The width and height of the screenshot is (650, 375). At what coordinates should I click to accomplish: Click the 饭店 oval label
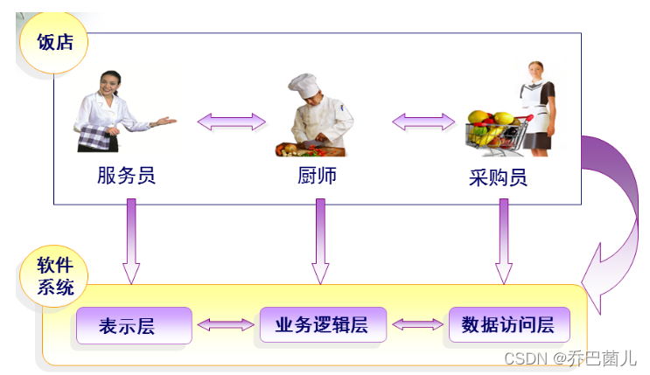pos(54,42)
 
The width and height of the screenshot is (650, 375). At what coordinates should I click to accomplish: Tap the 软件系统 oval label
pos(54,275)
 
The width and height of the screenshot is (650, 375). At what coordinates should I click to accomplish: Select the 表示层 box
pos(133,325)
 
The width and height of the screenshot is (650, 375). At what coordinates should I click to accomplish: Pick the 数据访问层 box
pos(508,324)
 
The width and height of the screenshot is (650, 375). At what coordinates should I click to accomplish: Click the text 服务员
pos(126,176)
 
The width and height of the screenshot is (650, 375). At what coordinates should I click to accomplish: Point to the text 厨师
pos(316,176)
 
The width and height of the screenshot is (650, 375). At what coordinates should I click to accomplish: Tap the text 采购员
pos(498,178)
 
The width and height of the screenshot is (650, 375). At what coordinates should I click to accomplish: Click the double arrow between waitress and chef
pos(231,121)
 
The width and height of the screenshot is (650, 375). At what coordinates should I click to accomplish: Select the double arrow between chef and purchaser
pos(423,121)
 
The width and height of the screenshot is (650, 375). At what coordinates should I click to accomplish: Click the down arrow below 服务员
pos(130,241)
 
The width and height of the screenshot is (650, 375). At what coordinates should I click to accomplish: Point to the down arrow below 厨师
pos(320,241)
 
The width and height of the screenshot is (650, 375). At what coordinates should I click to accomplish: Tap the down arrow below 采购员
pos(504,241)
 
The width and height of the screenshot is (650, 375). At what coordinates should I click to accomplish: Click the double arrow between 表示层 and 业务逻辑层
pos(225,324)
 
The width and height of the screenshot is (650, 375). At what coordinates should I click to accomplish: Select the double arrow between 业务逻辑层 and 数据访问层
pos(417,324)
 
